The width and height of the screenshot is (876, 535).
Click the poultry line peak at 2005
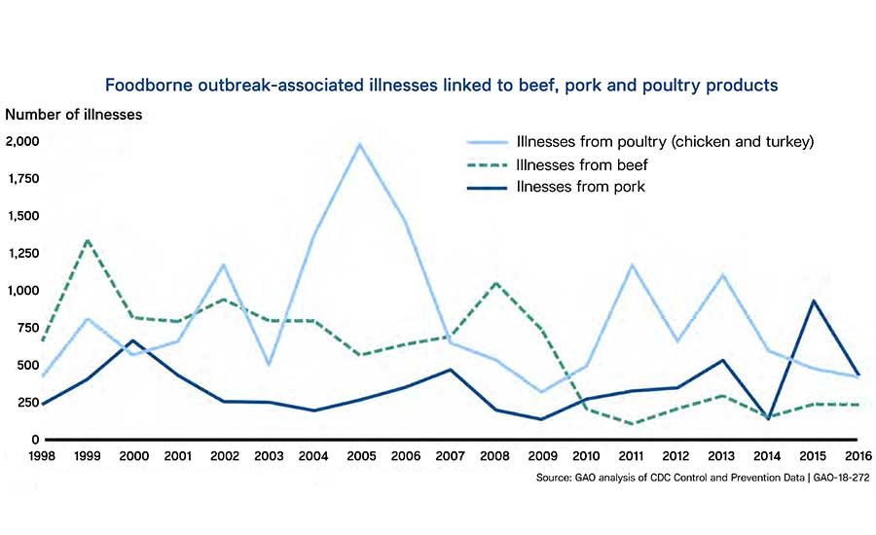coord(360,145)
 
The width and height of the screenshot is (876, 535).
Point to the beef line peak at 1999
coord(88,239)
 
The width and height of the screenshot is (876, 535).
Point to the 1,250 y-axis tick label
coord(23,253)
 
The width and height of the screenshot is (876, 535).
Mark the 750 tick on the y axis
coord(27,328)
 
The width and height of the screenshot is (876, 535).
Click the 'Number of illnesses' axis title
coord(74,114)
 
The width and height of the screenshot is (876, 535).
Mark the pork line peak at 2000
coord(132,341)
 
